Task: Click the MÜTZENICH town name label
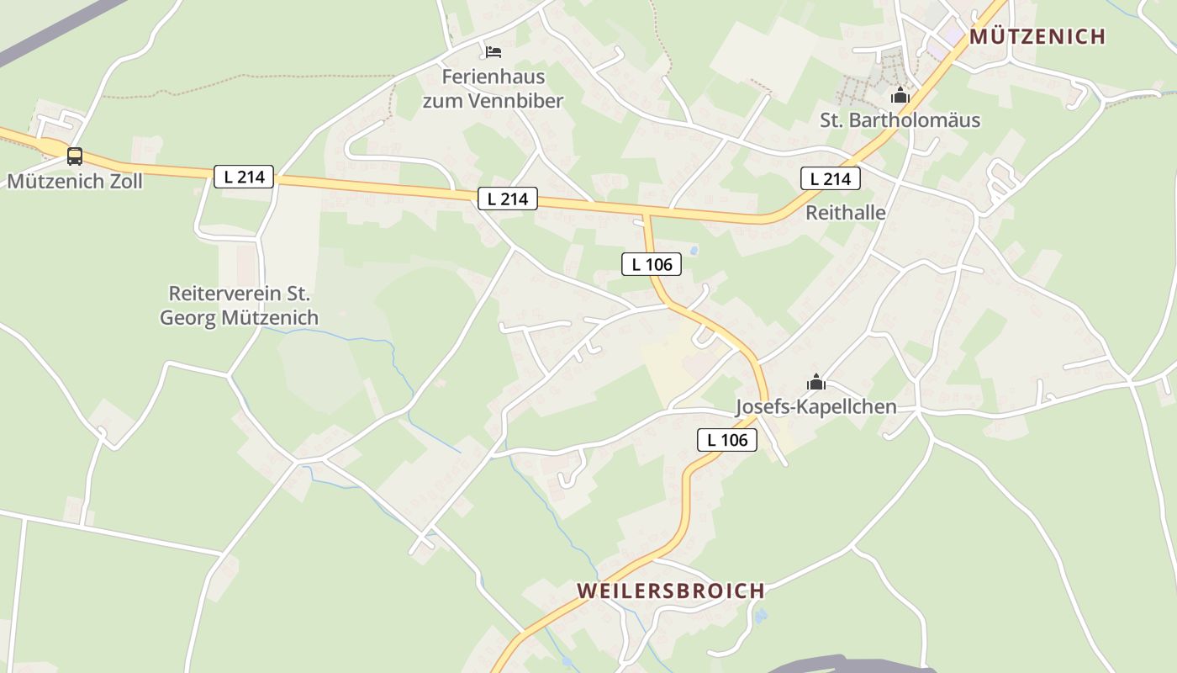tap(1037, 36)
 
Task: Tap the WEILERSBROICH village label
tap(670, 591)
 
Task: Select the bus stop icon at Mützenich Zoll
tap(75, 156)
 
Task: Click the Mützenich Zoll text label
tap(75, 181)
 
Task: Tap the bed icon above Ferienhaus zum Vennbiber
tap(493, 52)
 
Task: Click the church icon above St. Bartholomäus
tap(900, 95)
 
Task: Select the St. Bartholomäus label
tap(900, 120)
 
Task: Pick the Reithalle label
tap(845, 213)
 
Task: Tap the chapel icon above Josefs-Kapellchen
tap(815, 383)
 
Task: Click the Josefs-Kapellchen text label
tap(815, 407)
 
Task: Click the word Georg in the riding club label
tap(187, 318)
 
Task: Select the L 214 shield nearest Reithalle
tap(831, 178)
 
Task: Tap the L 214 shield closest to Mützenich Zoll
tap(243, 177)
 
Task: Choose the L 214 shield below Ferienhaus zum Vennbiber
tap(508, 199)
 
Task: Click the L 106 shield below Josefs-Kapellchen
tap(727, 439)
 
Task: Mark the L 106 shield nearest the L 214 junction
tap(652, 264)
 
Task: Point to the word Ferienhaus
tap(493, 77)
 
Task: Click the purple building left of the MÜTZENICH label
tap(953, 34)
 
